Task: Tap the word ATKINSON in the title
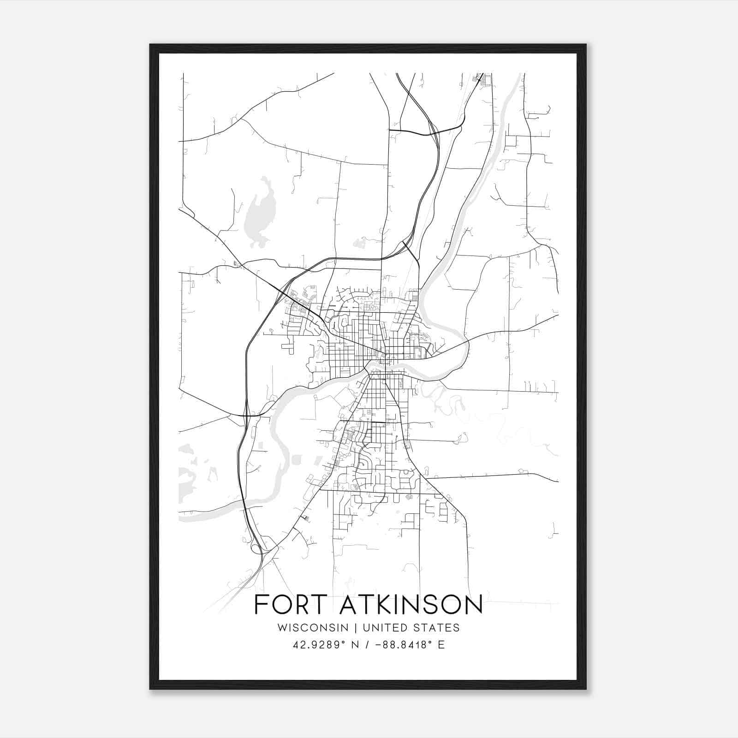[411, 605]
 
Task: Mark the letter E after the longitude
[441, 645]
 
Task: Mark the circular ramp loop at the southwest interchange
[255, 548]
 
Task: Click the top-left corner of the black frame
[150, 45]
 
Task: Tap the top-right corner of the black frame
[586, 45]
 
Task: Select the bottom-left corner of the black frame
[150, 689]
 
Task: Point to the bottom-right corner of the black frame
[586, 689]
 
